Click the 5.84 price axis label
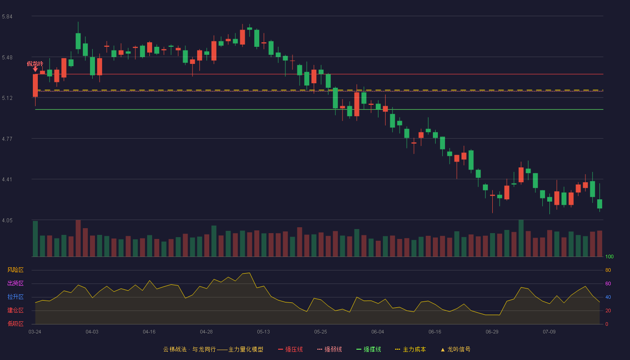[7, 17]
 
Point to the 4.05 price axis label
[7, 220]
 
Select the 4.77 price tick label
[7, 139]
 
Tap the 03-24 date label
[35, 332]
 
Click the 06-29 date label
[492, 332]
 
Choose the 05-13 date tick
[263, 332]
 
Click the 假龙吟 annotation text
[35, 63]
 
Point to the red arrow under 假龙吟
[35, 69]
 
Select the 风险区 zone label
[15, 270]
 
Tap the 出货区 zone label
[15, 283]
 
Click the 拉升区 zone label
[15, 297]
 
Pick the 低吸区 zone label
[15, 324]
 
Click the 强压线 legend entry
[291, 349]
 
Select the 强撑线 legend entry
[369, 349]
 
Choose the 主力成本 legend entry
[410, 349]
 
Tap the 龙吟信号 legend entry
[455, 349]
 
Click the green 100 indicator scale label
[609, 256]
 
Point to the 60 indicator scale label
[608, 283]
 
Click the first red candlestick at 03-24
[35, 85]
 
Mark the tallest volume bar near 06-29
[521, 238]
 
